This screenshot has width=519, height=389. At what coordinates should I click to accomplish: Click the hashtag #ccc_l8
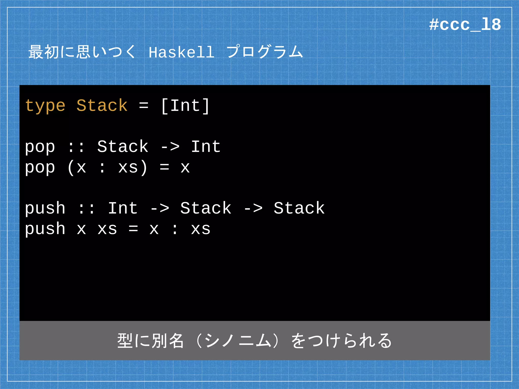(x=465, y=25)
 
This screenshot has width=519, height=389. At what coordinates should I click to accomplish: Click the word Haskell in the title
(x=181, y=52)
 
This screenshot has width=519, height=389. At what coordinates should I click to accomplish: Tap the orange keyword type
(x=45, y=106)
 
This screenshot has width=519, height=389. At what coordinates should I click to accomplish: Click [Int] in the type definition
(x=185, y=106)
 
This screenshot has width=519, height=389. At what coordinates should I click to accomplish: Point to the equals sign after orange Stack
(x=144, y=106)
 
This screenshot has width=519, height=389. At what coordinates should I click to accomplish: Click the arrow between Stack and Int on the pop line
(x=170, y=147)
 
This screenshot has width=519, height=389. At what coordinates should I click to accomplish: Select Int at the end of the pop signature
(x=206, y=147)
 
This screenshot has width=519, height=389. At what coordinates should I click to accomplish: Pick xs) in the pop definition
(x=133, y=168)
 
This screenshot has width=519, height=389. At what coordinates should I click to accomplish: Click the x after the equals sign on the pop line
(x=185, y=168)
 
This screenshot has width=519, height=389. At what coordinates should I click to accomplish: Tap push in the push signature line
(x=45, y=209)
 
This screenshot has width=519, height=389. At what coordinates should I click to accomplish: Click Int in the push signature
(x=123, y=209)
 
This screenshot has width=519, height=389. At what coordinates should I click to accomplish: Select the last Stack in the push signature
(x=299, y=209)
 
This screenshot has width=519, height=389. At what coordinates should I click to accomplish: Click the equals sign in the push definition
(x=133, y=229)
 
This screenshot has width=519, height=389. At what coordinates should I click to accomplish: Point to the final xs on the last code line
(x=200, y=229)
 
